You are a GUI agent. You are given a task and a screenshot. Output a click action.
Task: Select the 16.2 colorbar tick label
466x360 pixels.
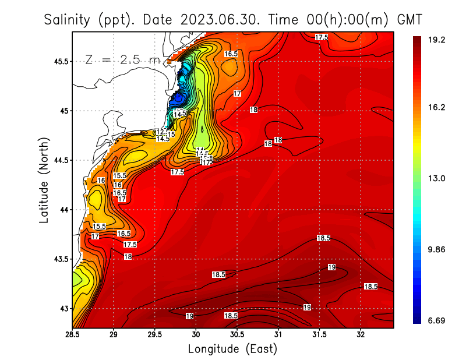[437, 107]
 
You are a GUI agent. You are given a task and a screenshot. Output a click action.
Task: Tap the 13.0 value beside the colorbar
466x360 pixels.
[437, 178]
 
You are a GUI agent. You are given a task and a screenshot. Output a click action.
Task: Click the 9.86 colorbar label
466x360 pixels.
[437, 249]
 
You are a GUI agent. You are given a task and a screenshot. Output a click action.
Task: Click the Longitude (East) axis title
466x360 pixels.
[232, 349]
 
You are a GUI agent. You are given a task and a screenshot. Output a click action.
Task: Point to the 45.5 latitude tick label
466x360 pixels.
[61, 61]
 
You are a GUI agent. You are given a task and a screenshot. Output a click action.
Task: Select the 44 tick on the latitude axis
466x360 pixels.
[64, 209]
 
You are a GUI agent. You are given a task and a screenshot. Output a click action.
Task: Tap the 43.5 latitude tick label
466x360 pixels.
[61, 259]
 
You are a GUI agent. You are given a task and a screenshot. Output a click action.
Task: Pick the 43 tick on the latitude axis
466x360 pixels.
[64, 308]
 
